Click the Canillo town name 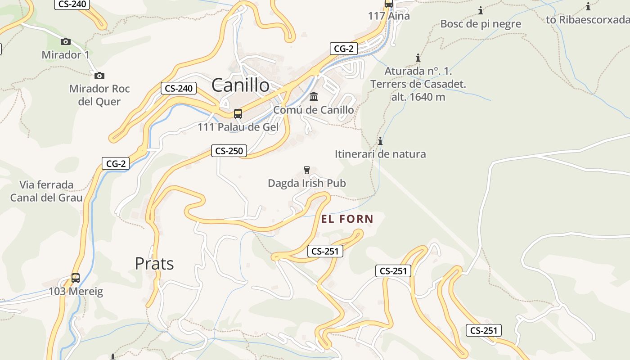click(240, 85)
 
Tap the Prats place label click(154, 263)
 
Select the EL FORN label click(347, 219)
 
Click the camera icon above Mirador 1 click(66, 41)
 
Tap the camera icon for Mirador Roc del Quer click(99, 76)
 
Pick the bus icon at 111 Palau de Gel click(238, 114)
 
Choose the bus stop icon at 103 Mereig click(76, 278)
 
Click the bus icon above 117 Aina click(389, 4)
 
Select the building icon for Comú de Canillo click(314, 97)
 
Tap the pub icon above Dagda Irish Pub click(307, 170)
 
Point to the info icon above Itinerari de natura click(380, 141)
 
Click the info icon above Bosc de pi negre click(481, 10)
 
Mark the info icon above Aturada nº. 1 click(418, 58)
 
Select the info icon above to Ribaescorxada click(588, 6)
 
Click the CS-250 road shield click(229, 151)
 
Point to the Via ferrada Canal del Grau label click(46, 191)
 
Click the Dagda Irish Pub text click(306, 183)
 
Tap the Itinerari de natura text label click(380, 154)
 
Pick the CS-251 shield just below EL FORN click(325, 251)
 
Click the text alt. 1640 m click(418, 97)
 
